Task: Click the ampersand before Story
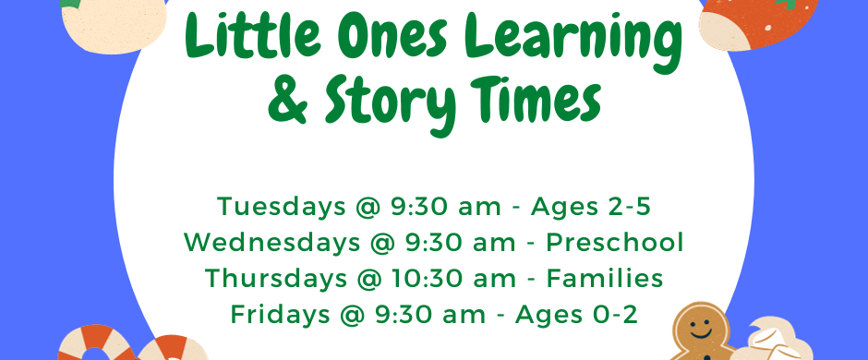(288, 102)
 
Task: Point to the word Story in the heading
(392, 106)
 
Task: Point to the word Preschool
(615, 243)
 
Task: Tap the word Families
(605, 279)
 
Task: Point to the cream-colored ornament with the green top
(114, 25)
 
